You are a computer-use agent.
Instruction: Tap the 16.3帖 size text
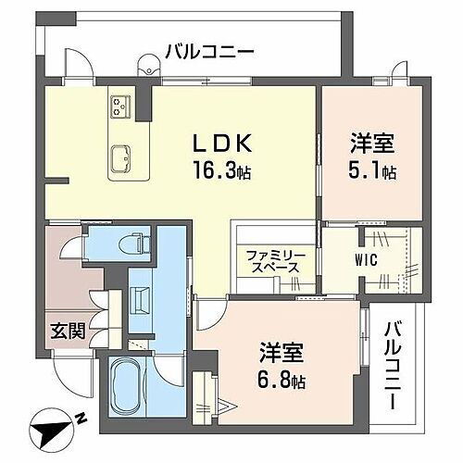pyautogui.click(x=221, y=172)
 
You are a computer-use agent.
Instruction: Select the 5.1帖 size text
pyautogui.click(x=373, y=171)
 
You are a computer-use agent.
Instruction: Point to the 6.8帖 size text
pyautogui.click(x=282, y=380)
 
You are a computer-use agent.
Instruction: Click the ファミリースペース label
pyautogui.click(x=271, y=260)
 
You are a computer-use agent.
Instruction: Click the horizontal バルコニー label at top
pyautogui.click(x=208, y=51)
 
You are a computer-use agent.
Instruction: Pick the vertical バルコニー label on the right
pyautogui.click(x=394, y=367)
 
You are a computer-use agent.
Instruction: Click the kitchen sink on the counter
pyautogui.click(x=121, y=160)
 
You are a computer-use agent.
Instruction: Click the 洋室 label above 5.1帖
pyautogui.click(x=373, y=145)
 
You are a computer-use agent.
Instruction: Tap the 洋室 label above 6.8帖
pyautogui.click(x=282, y=355)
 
